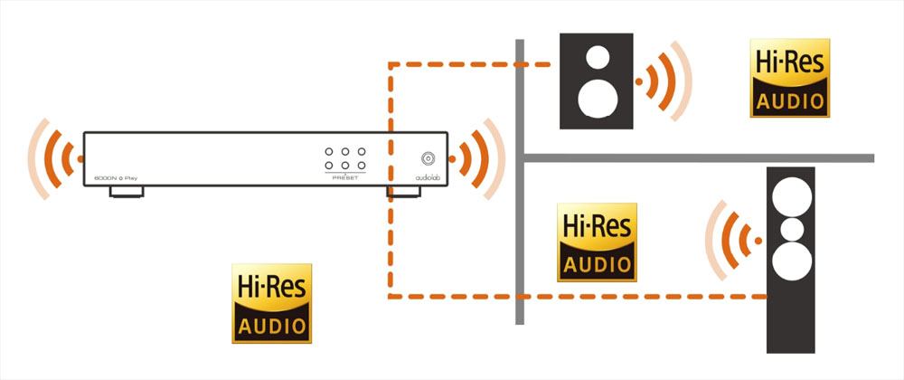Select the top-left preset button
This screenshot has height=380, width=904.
tap(330, 151)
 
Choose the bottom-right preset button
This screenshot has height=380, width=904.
tap(362, 166)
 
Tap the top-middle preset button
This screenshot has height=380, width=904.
tap(346, 151)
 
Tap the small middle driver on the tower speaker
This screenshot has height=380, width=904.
tap(791, 229)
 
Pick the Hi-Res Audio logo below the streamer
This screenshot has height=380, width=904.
tap(272, 303)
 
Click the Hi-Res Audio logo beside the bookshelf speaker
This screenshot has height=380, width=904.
tap(790, 78)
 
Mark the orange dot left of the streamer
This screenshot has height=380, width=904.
tap(80, 158)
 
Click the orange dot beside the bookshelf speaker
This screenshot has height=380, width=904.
tap(639, 82)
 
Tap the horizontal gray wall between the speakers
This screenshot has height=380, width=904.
tap(696, 157)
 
